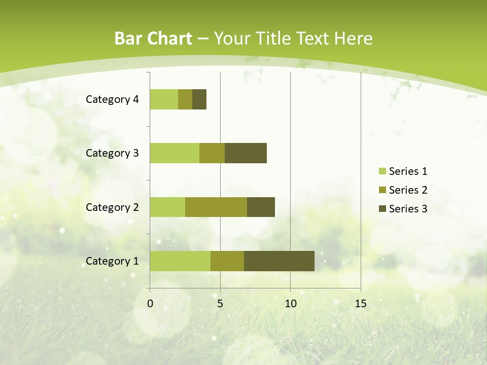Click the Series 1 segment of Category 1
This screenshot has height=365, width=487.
pos(180,261)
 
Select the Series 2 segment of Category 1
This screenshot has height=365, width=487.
pos(227,261)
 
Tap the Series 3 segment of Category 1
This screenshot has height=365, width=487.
pos(279,261)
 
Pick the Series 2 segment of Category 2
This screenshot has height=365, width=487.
pos(216,207)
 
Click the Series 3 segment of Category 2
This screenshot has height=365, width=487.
pos(261,207)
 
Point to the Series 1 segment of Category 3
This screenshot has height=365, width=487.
pos(175,153)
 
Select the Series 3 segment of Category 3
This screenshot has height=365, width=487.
pos(246,153)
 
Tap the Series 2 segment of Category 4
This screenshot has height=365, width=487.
pos(185,99)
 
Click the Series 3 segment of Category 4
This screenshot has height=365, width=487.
pos(199,99)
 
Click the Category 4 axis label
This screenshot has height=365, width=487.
pos(112,99)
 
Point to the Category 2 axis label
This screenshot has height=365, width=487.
pos(112,207)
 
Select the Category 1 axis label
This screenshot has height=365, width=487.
pos(112,261)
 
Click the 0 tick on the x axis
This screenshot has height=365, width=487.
pos(150,304)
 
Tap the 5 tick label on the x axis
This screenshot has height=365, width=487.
pos(220,304)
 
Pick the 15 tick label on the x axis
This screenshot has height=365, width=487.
pos(360,304)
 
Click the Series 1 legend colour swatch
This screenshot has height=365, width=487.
pos(382,171)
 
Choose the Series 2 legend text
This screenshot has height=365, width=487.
pos(408,190)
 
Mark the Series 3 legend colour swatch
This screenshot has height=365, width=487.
pos(382,209)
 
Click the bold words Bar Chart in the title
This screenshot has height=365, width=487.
pos(153,39)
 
